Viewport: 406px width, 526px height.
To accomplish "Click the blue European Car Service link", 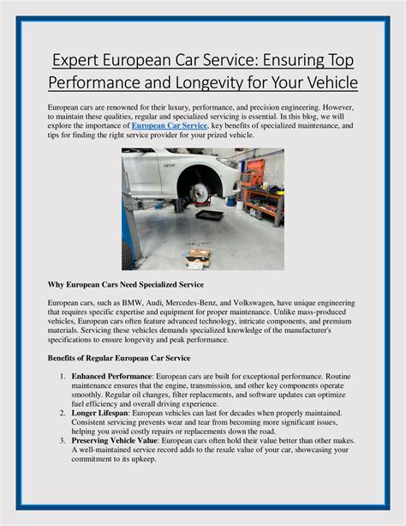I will click(x=170, y=125).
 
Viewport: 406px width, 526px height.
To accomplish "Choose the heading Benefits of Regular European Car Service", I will click(x=119, y=357).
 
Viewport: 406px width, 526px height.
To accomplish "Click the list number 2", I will click(x=63, y=413).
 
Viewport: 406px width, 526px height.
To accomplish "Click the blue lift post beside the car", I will click(x=127, y=223).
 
